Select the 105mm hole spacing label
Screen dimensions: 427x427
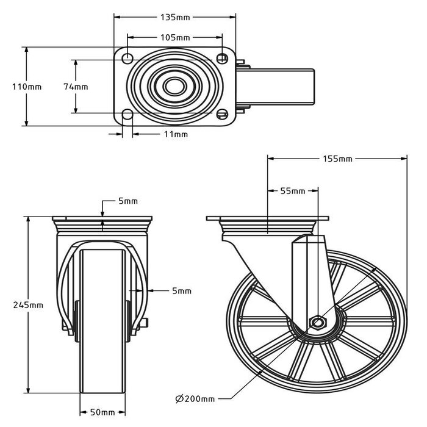(x=175, y=37)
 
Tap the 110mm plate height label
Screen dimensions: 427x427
(x=27, y=87)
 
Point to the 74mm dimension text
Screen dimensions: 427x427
(x=76, y=87)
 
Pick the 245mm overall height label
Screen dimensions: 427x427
(x=28, y=305)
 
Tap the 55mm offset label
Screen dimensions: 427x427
(x=293, y=191)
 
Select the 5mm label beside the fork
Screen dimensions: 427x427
(x=181, y=292)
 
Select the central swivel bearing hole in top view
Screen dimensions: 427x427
(x=174, y=86)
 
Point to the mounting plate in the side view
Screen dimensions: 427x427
(x=267, y=218)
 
